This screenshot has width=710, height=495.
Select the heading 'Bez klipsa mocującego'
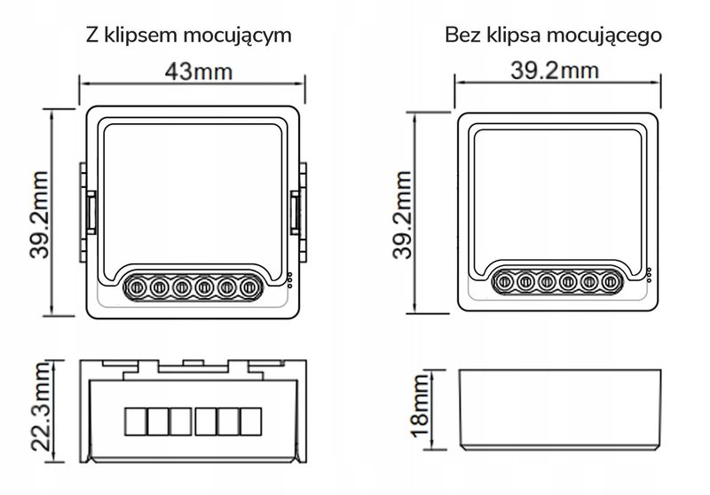[x=554, y=36]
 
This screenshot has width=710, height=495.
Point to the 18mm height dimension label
[x=419, y=409]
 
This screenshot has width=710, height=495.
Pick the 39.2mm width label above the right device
[x=558, y=72]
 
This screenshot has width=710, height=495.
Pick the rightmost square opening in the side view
[x=250, y=420]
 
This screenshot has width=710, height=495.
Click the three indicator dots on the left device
[x=289, y=279]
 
